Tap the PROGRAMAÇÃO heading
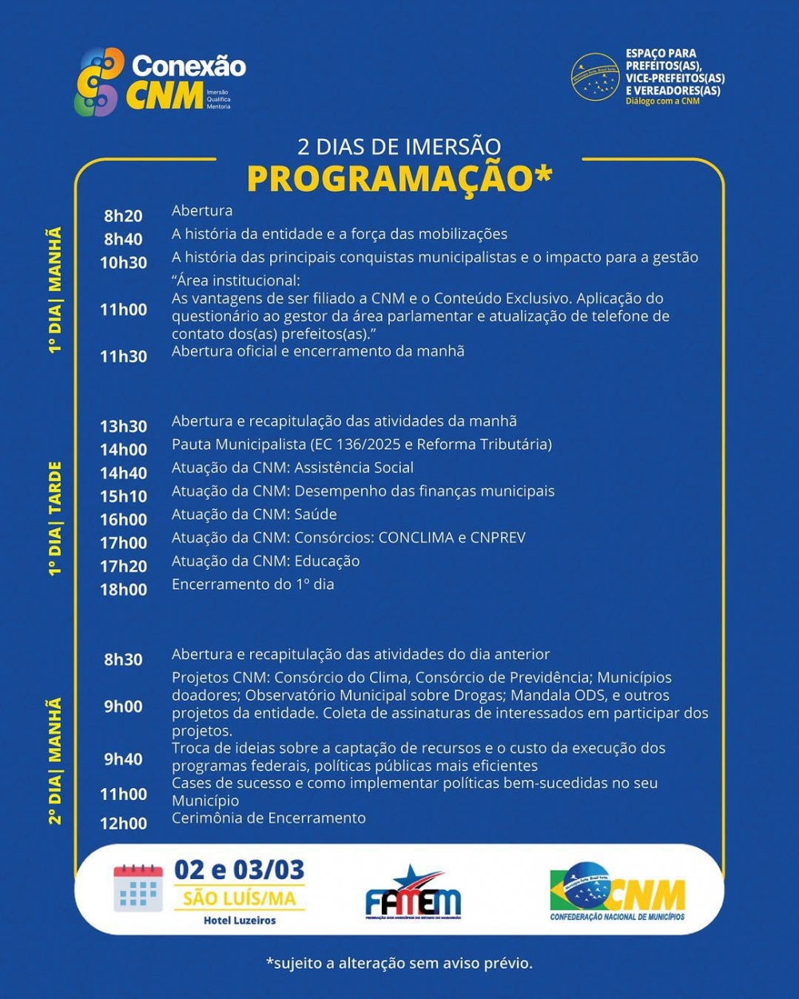[x=399, y=178]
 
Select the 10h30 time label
[x=123, y=262]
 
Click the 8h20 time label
[x=123, y=216]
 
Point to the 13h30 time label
[x=123, y=427]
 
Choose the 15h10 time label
[x=123, y=496]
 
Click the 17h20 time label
[x=123, y=567]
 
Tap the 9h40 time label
[x=123, y=759]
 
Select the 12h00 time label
[x=123, y=823]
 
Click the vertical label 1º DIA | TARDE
[x=55, y=519]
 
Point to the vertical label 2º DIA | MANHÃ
[x=55, y=761]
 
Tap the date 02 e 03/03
[x=240, y=870]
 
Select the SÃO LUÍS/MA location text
[x=240, y=898]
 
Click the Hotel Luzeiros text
[x=240, y=921]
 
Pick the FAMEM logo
[x=413, y=894]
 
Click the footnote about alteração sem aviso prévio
[x=399, y=963]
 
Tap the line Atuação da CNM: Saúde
[x=254, y=515]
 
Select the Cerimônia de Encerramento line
[x=268, y=818]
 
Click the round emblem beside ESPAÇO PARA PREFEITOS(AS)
[x=595, y=78]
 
